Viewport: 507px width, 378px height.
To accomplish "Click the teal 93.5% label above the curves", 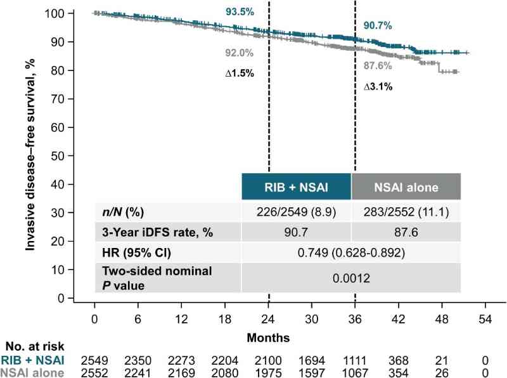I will (239, 12).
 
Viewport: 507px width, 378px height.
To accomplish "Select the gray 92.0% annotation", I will (239, 53).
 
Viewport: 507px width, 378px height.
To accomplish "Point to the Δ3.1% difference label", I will (378, 87).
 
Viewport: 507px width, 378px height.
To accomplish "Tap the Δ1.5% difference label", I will (240, 73).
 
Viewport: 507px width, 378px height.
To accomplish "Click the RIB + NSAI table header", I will (296, 186).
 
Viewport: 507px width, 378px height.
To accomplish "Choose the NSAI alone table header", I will (405, 186).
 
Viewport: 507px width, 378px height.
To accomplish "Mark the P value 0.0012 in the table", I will (350, 278).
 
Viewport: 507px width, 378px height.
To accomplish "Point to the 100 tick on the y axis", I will (75, 13).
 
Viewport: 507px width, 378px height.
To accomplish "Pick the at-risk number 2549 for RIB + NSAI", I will (94, 360).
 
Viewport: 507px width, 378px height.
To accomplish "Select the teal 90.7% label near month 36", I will (378, 26).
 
